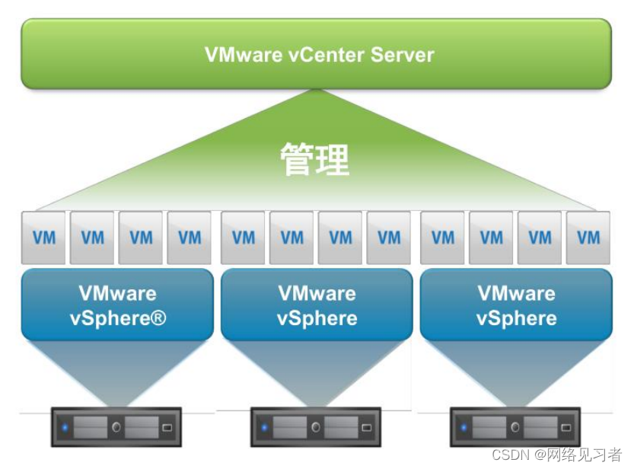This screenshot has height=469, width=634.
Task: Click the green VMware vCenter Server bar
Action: point(316,54)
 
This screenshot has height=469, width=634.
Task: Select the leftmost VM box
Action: point(43,238)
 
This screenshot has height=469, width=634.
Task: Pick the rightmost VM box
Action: point(588,238)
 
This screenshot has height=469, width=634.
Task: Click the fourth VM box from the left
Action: point(190,238)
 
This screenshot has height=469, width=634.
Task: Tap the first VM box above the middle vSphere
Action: point(244,238)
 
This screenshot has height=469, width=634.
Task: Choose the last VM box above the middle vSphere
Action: point(389,238)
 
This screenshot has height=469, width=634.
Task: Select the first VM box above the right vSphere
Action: point(443,238)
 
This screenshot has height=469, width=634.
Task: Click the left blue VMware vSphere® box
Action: point(117,305)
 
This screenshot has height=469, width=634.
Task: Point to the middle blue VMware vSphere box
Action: point(317,305)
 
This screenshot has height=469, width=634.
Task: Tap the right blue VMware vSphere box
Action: point(516,305)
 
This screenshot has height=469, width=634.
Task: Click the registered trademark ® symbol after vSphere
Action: point(158,318)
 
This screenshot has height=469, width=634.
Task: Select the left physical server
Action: point(116,427)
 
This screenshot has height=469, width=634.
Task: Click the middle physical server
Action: point(316,427)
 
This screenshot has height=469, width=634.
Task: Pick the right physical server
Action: point(515,427)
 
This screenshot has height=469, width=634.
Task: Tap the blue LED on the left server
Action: point(65,428)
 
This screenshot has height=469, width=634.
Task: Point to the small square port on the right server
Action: point(566,428)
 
